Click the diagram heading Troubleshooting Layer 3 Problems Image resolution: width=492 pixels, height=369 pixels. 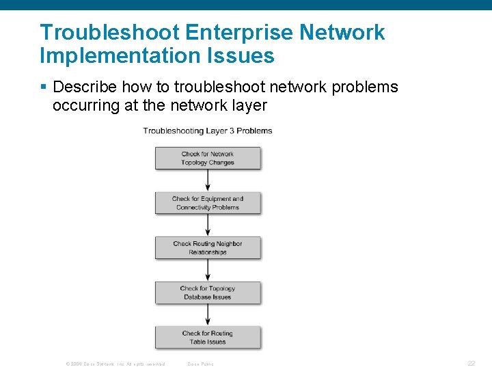point(208,131)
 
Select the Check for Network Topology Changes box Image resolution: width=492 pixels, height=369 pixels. point(208,159)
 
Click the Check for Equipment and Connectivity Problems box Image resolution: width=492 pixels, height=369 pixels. point(208,203)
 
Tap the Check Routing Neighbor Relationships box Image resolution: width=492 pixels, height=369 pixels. point(208,248)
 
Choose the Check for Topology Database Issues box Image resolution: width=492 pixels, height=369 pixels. point(208,292)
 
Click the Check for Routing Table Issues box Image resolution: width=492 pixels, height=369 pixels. point(208,338)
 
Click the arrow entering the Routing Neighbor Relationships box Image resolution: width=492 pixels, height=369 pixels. point(208,225)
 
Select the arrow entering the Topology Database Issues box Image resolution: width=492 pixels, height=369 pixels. point(208,271)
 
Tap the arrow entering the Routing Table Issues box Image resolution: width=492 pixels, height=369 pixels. point(208,315)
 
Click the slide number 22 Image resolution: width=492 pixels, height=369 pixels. point(471,364)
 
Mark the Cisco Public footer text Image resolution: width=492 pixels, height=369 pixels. point(200,364)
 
